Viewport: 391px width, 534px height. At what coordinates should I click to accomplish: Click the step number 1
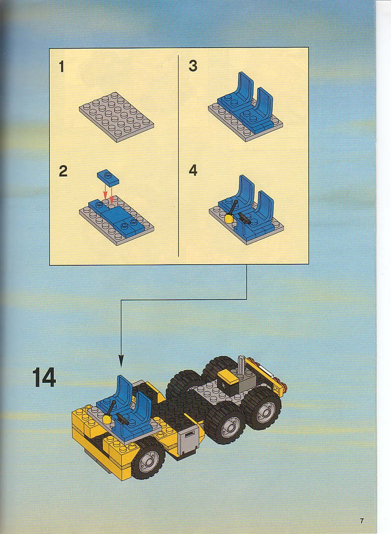pos(62,66)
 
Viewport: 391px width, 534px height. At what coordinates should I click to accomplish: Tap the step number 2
pos(63,171)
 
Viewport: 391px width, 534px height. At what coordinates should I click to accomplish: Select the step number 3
pos(193,66)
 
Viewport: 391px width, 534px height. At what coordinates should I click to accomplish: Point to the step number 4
pos(193,170)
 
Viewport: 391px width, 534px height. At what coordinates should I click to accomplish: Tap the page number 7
pos(362,521)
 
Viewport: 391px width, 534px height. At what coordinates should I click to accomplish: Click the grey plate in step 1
pos(116,117)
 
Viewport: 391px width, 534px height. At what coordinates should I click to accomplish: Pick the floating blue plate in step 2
pos(108,177)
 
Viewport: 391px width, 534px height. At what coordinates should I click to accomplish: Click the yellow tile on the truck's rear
pos(229,378)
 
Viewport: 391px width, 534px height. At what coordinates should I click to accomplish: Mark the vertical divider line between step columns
pos(179,155)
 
